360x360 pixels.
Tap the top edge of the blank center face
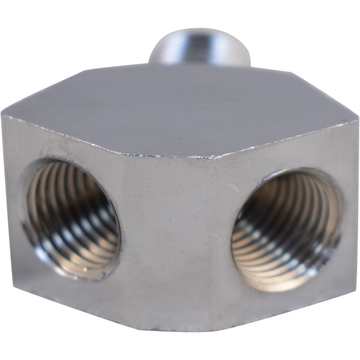167,156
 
